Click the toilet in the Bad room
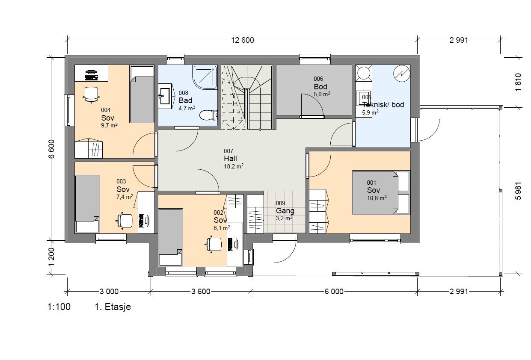click(x=208, y=115)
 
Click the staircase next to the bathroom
click(x=247, y=97)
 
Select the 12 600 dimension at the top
click(x=243, y=41)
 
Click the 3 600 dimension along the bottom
click(x=201, y=292)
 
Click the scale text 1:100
click(x=59, y=307)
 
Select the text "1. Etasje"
click(x=113, y=307)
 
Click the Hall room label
click(x=230, y=159)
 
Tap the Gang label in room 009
click(x=285, y=211)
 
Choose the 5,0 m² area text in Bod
click(x=322, y=94)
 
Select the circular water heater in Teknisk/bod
click(x=401, y=74)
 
